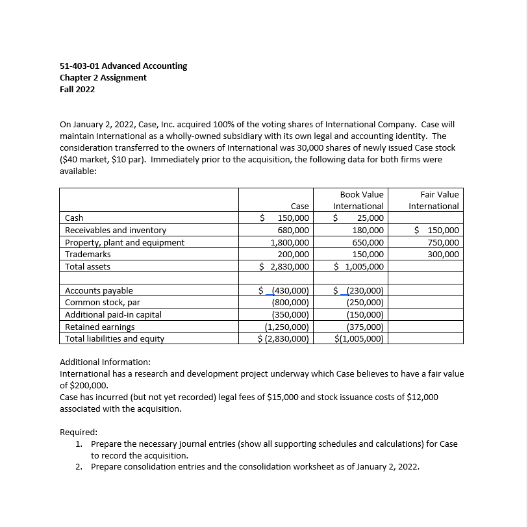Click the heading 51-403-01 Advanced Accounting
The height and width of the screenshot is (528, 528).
click(x=123, y=66)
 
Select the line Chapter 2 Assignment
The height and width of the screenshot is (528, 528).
click(x=103, y=77)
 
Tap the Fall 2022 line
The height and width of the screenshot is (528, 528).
click(x=77, y=89)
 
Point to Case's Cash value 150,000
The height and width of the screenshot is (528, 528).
click(x=293, y=218)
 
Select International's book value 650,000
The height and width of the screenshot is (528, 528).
click(x=368, y=242)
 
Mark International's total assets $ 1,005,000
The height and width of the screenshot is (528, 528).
click(x=359, y=266)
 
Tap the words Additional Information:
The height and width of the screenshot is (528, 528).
click(x=105, y=362)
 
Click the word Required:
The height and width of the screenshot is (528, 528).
click(x=79, y=432)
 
